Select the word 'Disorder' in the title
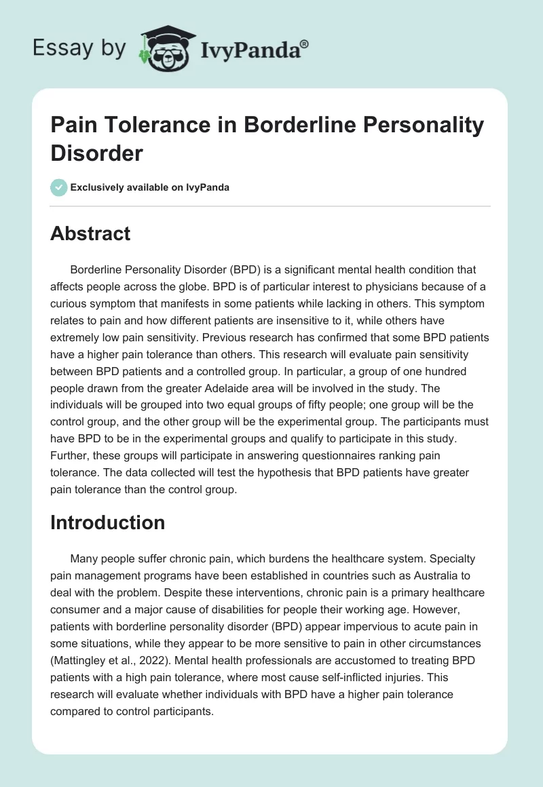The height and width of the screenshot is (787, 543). click(x=97, y=152)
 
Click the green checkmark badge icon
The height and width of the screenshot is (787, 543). click(x=59, y=187)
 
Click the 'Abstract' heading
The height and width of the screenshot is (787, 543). click(x=90, y=233)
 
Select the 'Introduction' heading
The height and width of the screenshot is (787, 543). click(x=108, y=522)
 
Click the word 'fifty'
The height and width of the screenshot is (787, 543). click(x=294, y=406)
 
